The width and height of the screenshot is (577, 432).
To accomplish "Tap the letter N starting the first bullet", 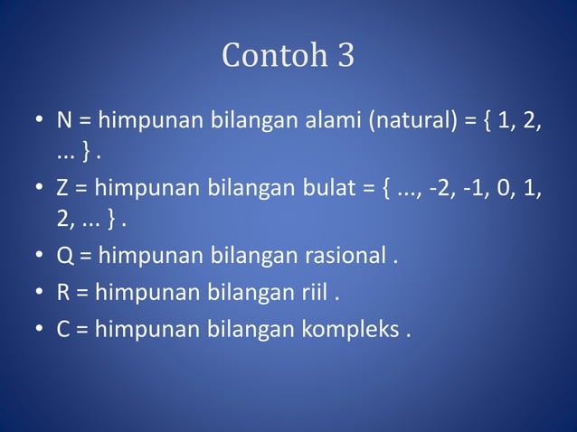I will (x=64, y=120).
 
